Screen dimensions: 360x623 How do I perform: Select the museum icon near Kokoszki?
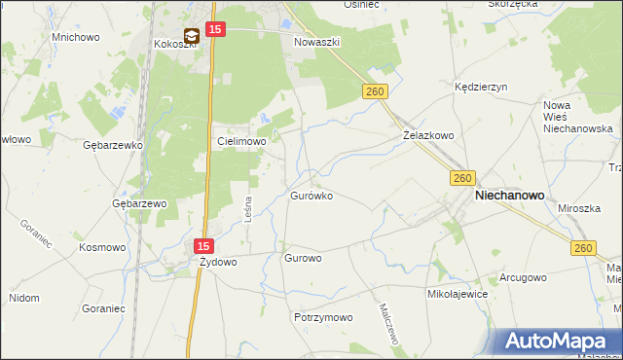pos(192,36)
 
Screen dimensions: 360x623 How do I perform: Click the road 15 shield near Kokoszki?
pos(216,31)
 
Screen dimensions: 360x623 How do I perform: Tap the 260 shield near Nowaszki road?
pos(378,90)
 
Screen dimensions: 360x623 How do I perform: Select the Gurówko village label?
pos(311,196)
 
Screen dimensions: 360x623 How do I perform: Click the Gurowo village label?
pos(302,259)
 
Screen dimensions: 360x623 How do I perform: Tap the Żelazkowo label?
pos(428,136)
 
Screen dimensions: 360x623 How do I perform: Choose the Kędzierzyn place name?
pos(482,87)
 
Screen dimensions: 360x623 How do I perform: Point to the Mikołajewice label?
pos(457,293)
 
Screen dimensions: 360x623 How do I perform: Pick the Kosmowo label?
pos(104,247)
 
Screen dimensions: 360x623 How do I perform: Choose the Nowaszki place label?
pos(316,44)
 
